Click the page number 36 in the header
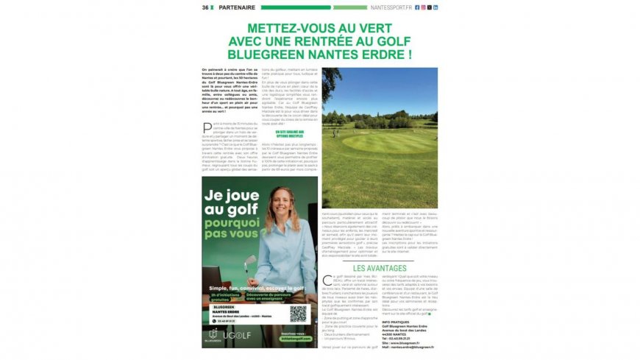(x=206, y=7)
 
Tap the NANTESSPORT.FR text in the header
(x=391, y=7)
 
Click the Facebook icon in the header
(x=417, y=7)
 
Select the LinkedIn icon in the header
(x=435, y=7)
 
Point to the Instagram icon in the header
(x=423, y=7)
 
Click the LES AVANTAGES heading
(x=379, y=268)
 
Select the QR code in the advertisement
(x=297, y=313)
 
